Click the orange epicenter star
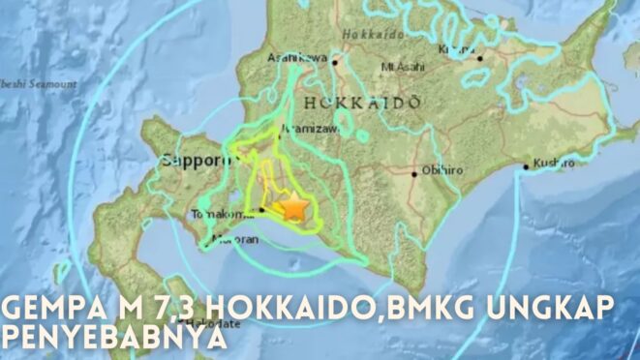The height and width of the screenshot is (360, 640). pyautogui.click(x=292, y=206)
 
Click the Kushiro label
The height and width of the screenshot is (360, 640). pyautogui.click(x=553, y=164)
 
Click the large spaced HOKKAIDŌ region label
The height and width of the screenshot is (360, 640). pyautogui.click(x=360, y=102)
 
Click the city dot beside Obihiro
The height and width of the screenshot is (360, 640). pyautogui.click(x=415, y=174)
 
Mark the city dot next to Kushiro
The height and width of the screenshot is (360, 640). pyautogui.click(x=526, y=166)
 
